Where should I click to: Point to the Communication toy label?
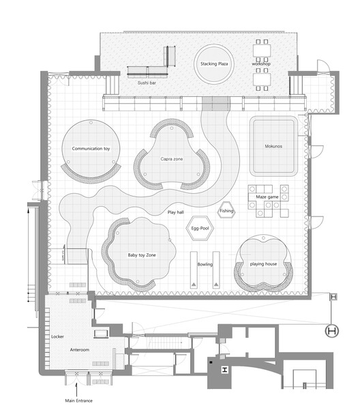(91, 148)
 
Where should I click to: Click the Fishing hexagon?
(226, 211)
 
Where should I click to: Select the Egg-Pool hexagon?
(200, 229)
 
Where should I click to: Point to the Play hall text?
(175, 212)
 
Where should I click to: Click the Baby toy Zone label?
(142, 255)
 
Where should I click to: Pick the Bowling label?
(205, 262)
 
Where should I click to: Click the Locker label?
(58, 337)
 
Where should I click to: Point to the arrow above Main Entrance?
(75, 388)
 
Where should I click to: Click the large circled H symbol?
(333, 331)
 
